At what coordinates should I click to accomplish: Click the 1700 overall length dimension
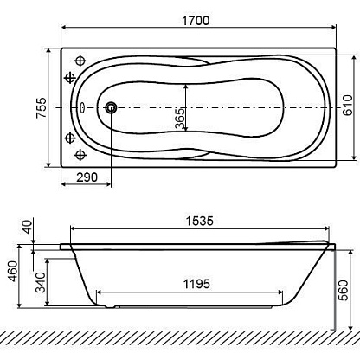tap(196, 21)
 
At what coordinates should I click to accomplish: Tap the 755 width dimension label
tap(42, 107)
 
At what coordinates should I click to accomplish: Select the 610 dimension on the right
tap(348, 105)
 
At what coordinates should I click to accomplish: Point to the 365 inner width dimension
tap(180, 119)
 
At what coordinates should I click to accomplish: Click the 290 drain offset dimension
tap(87, 177)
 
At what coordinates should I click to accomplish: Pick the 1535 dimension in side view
tap(200, 221)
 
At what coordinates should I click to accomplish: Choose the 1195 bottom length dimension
tap(196, 284)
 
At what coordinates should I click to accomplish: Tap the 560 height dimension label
tap(344, 290)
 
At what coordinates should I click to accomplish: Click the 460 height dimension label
tap(13, 271)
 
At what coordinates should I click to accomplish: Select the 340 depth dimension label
tap(41, 282)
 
